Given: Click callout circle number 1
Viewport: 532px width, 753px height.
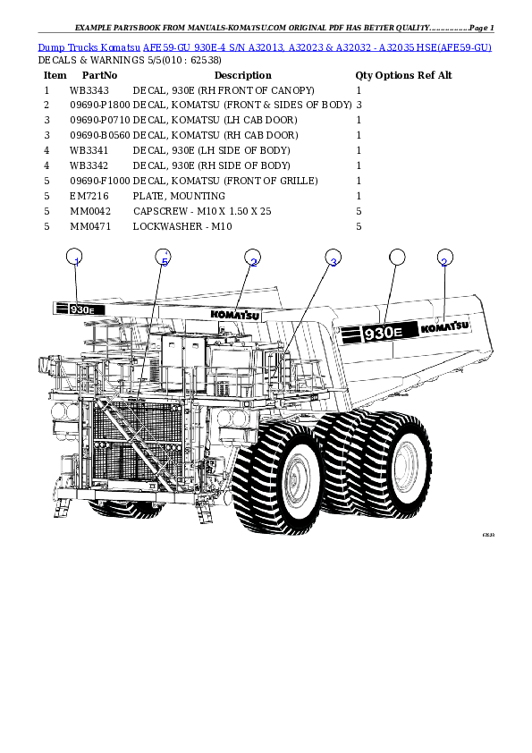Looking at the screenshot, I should pos(76,258).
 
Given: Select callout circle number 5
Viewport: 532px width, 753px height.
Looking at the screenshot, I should pos(163,258).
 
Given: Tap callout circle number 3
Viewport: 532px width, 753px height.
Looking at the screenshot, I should pos(333,258).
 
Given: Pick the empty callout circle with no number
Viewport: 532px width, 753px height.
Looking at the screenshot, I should pos(397,258).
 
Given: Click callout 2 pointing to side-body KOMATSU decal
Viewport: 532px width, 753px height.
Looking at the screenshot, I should pos(444,258).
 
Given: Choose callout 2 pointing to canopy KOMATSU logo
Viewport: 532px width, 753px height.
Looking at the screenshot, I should pos(253,258).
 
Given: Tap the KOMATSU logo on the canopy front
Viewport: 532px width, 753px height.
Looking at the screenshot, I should pos(235,314).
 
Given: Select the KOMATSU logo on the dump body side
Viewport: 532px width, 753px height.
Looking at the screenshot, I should pos(444,328).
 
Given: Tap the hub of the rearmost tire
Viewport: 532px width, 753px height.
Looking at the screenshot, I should pos(408,464).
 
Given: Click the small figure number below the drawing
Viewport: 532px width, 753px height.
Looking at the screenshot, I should pos(487,535).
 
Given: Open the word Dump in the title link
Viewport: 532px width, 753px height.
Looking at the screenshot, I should pos(50,47).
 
